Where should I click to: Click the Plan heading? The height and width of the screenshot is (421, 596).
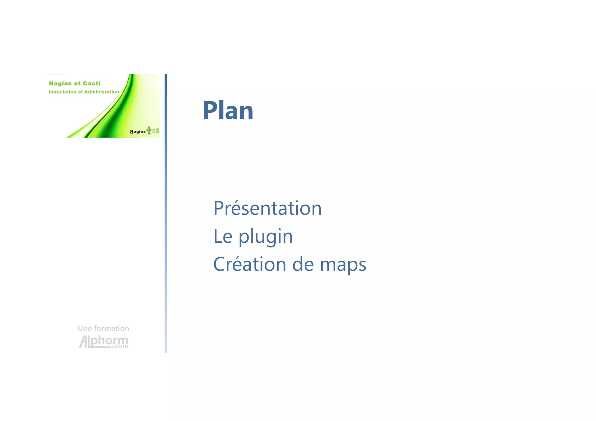pyautogui.click(x=228, y=111)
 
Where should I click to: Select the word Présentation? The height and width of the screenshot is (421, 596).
pyautogui.click(x=267, y=208)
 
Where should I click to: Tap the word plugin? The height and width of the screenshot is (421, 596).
pyautogui.click(x=265, y=237)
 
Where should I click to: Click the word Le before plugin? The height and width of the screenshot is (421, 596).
pyautogui.click(x=223, y=236)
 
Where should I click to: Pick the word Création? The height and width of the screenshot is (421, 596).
pyautogui.click(x=249, y=264)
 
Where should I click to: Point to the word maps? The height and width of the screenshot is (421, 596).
pyautogui.click(x=343, y=265)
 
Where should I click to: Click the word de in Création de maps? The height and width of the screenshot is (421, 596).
pyautogui.click(x=303, y=264)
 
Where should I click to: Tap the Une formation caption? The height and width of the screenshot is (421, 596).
pyautogui.click(x=103, y=328)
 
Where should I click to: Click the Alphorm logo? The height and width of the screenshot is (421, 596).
pyautogui.click(x=103, y=341)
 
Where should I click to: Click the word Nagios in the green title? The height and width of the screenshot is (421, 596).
pyautogui.click(x=60, y=84)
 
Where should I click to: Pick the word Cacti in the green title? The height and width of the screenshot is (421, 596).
pyautogui.click(x=91, y=84)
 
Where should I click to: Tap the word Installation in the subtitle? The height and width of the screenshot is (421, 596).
pyautogui.click(x=63, y=92)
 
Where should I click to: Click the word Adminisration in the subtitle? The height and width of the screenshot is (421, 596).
pyautogui.click(x=102, y=92)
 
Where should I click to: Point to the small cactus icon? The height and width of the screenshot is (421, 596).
pyautogui.click(x=149, y=130)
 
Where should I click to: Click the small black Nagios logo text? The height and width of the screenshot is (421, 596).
pyautogui.click(x=138, y=132)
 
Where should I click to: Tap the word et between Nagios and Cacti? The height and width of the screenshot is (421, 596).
pyautogui.click(x=77, y=84)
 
